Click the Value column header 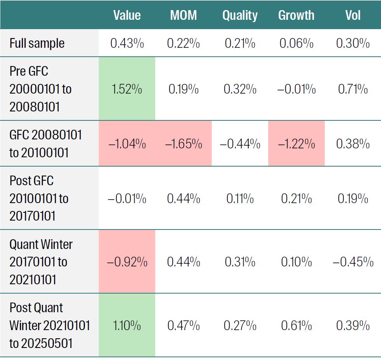(x=127, y=15)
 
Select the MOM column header (x=184, y=15)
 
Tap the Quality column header (x=240, y=15)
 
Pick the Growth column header (x=296, y=15)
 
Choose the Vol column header (x=353, y=15)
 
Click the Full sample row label (x=37, y=43)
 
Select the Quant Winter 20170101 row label (x=41, y=262)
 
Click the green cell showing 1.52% (x=127, y=89)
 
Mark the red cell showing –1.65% (x=184, y=144)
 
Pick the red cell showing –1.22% (x=296, y=144)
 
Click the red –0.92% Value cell (x=127, y=262)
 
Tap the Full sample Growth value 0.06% (x=296, y=43)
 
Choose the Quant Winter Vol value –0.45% (x=353, y=262)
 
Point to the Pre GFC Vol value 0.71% (x=353, y=89)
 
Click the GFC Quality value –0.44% (x=240, y=144)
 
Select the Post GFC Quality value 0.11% (x=240, y=199)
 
